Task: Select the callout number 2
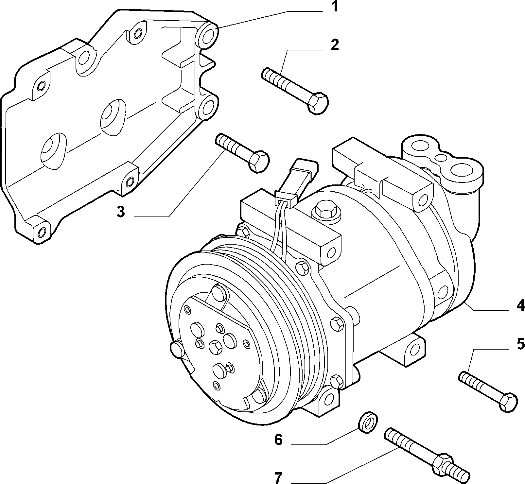[334, 45]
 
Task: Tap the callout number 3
[121, 212]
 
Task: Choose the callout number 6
[278, 440]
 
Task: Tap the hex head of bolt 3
[259, 161]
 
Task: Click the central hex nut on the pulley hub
[215, 346]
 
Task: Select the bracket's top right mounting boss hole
[207, 36]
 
